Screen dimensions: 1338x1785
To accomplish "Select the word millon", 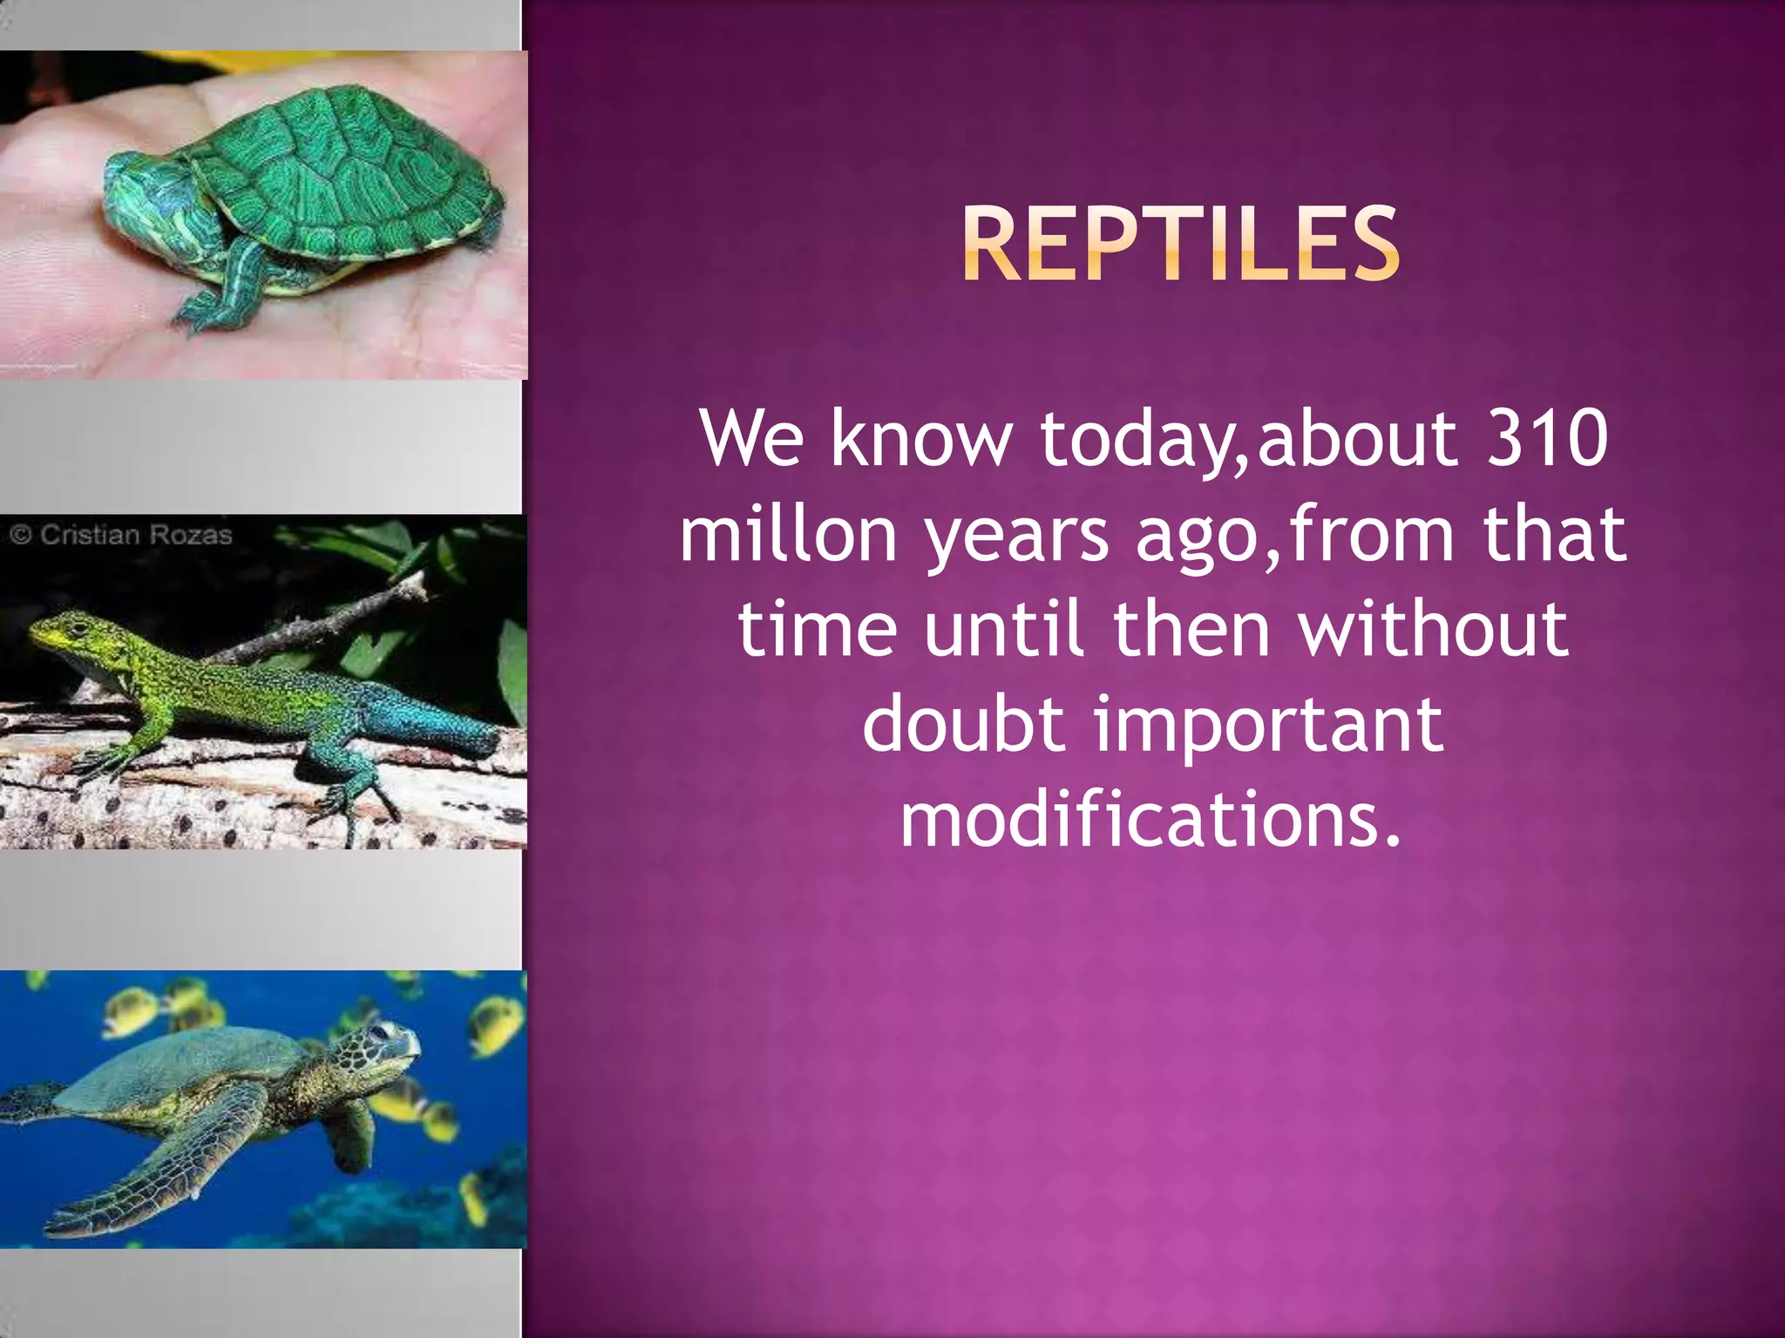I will pos(788,533).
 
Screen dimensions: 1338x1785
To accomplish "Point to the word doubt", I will pos(962,725).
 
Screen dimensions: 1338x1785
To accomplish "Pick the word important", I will pos(1268,725).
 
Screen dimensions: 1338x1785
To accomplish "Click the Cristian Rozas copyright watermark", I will pos(122,534).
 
